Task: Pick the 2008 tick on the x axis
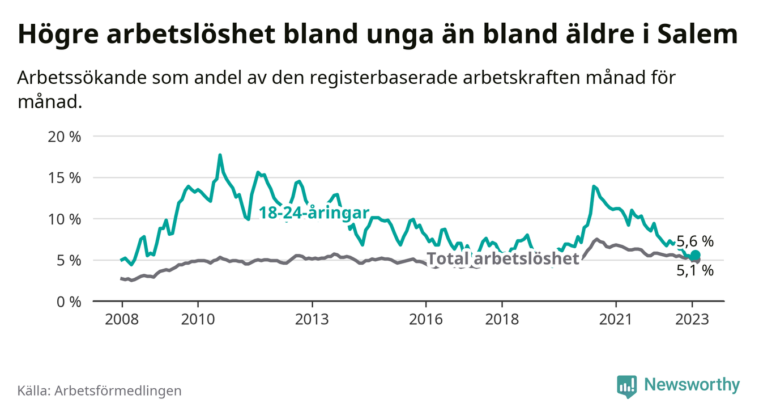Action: click(x=122, y=319)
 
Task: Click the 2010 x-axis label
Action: click(x=198, y=319)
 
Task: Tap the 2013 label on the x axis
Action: click(x=312, y=319)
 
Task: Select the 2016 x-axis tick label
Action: click(x=426, y=319)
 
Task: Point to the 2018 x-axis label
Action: click(x=502, y=319)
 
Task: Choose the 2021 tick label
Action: click(x=616, y=319)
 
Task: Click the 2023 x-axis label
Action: click(x=692, y=319)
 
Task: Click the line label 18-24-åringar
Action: click(x=314, y=213)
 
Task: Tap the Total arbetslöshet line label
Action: click(x=503, y=259)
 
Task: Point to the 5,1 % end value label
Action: click(x=695, y=271)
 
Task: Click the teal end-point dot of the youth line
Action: click(x=695, y=255)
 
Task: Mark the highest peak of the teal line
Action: click(x=220, y=155)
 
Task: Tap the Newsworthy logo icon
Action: click(x=626, y=386)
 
